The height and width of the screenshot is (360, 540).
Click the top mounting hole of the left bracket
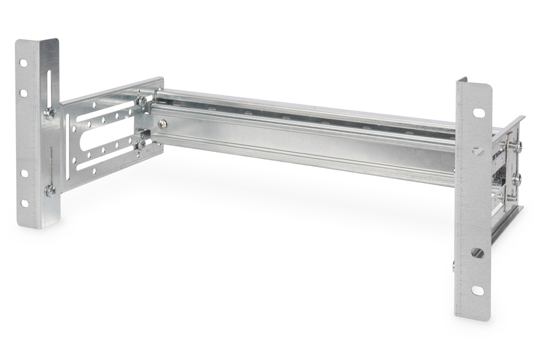tap(23, 63)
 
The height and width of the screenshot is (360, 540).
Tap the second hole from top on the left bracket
tap(23, 93)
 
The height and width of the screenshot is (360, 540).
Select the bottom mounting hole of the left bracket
tap(24, 203)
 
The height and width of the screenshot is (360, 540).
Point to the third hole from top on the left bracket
tap(24, 173)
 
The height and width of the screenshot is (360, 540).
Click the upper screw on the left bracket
tap(50, 113)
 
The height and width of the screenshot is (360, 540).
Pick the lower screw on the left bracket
tap(51, 190)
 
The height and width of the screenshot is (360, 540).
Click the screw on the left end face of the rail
tap(163, 124)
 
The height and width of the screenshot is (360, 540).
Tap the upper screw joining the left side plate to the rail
tap(142, 101)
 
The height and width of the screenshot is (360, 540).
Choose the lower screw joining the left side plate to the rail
tap(141, 143)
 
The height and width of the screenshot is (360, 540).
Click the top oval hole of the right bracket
tap(478, 113)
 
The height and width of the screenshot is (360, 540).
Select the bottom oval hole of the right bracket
tap(477, 290)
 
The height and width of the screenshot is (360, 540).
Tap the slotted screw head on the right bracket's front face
tap(478, 151)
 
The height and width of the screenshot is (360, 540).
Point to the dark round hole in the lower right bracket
tap(477, 253)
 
